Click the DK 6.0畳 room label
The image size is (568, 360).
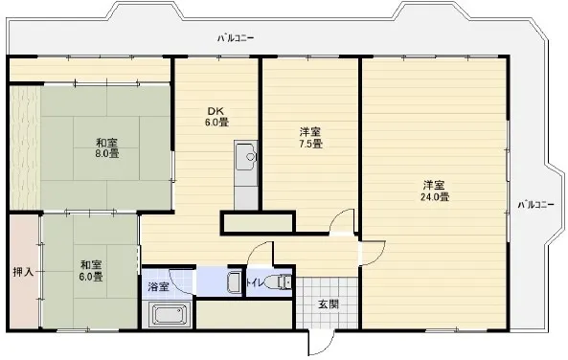click(217, 117)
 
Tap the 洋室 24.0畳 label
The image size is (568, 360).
click(434, 191)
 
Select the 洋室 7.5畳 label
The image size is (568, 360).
click(310, 138)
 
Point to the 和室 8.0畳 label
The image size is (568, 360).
click(107, 147)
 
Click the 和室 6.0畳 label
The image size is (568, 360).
click(91, 271)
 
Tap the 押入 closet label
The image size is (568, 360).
click(23, 272)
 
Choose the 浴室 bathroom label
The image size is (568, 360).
click(158, 287)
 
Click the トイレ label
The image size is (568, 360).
click(256, 282)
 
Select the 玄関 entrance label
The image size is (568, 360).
click(329, 304)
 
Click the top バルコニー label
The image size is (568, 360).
click(236, 37)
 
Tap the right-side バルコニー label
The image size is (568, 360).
click(535, 204)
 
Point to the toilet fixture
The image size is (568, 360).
click(278, 281)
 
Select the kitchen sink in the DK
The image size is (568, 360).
click(246, 156)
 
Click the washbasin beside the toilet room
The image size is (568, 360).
click(234, 281)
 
